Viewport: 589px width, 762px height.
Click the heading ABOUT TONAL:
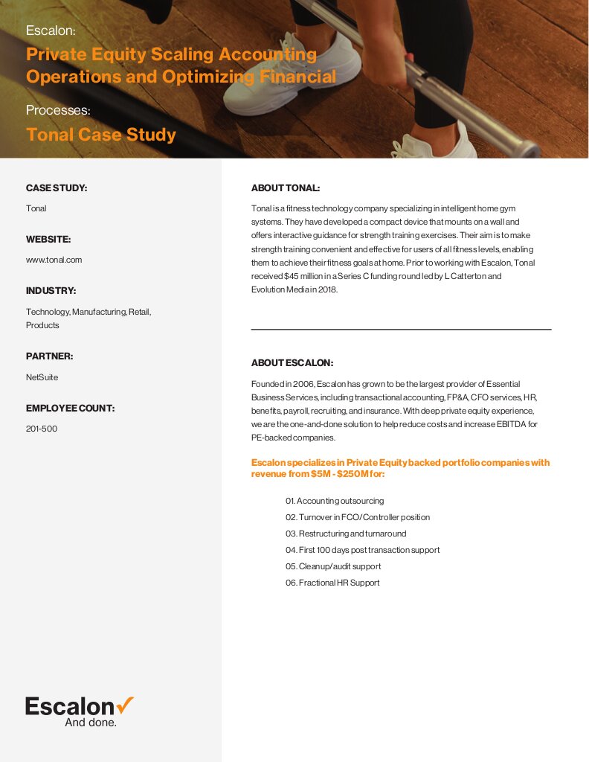click(286, 188)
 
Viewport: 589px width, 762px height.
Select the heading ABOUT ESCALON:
click(292, 363)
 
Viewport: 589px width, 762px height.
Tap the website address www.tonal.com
click(54, 260)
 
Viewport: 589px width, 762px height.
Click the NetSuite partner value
click(42, 377)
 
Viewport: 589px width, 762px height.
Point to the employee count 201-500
click(42, 429)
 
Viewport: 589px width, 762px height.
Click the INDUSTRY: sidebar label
click(51, 290)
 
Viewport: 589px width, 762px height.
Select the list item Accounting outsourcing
click(335, 501)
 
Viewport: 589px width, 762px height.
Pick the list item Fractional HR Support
click(332, 583)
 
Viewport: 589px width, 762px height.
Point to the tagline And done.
click(91, 722)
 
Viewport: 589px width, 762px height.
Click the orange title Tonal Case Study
click(101, 135)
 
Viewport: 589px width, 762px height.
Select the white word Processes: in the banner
click(58, 110)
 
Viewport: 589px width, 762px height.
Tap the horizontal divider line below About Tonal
click(401, 329)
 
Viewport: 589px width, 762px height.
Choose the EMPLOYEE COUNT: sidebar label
click(70, 409)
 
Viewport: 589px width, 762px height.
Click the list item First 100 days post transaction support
click(362, 550)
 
